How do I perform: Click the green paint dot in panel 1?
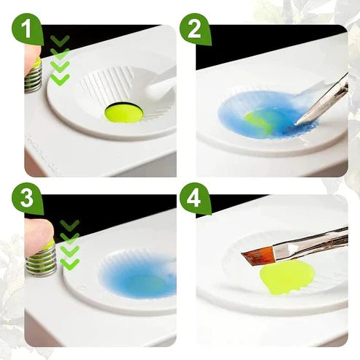[123, 112]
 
